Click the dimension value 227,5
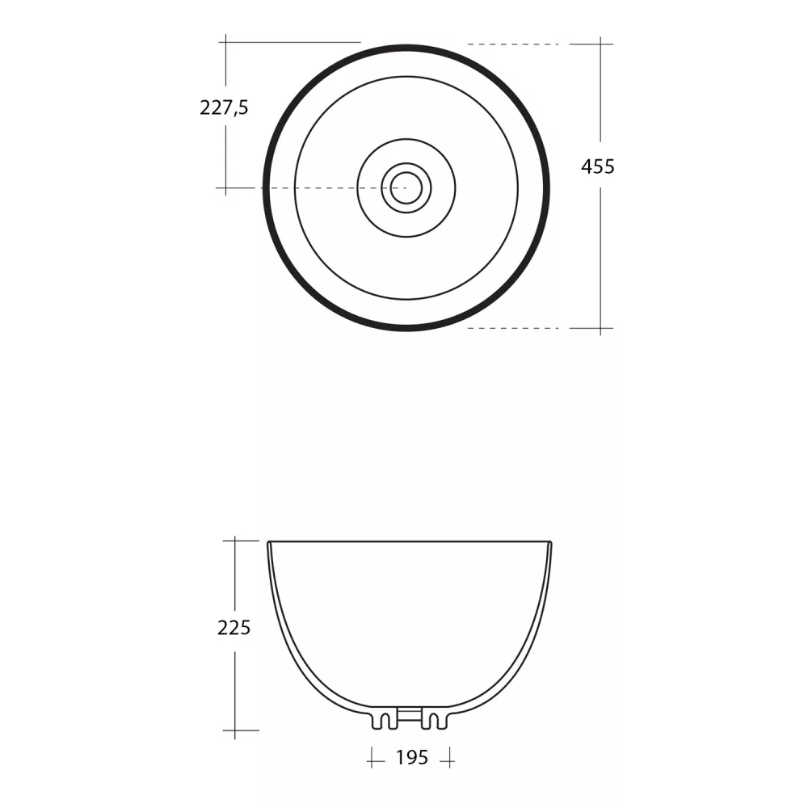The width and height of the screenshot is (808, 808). coord(224,107)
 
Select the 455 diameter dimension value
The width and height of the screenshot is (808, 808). coord(598,166)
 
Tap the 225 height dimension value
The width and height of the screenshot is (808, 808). coord(234,628)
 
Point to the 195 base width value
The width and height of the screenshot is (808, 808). coord(412,758)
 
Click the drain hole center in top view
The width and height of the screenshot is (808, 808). coord(406,187)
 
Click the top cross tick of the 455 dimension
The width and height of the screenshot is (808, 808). coord(600,44)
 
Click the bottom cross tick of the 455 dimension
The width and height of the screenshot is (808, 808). coord(600,328)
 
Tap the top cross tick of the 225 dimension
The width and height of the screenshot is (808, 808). coord(235,541)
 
